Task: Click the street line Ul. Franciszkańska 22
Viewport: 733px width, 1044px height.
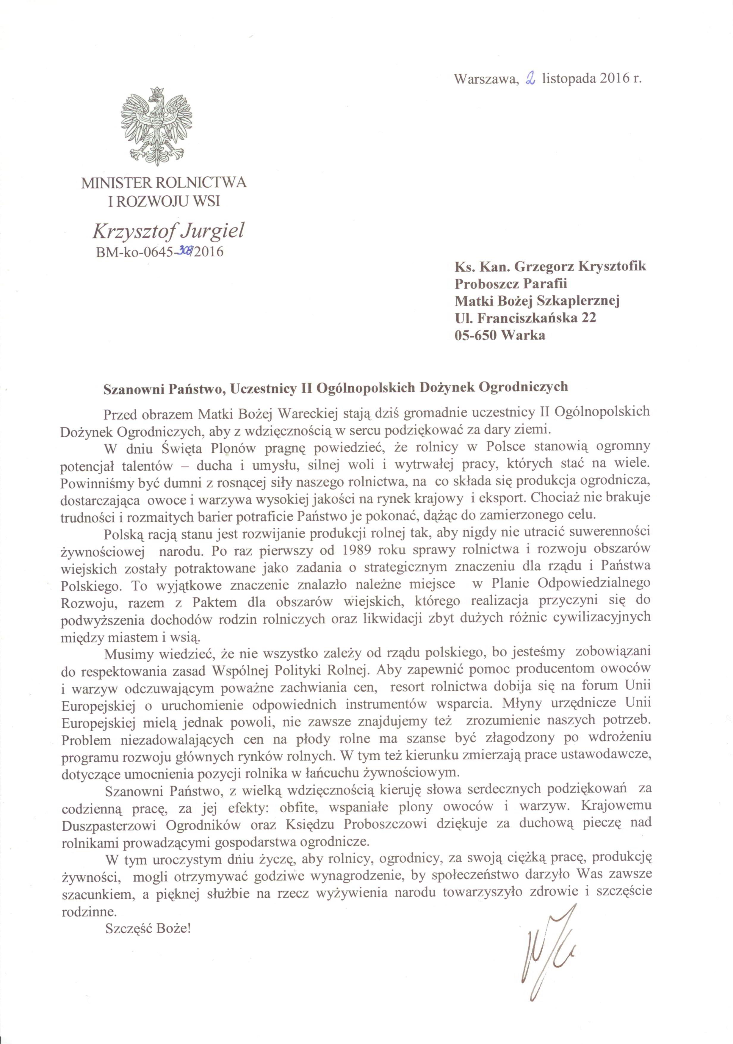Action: [525, 318]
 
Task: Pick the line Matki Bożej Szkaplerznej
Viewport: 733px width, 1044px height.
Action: [537, 301]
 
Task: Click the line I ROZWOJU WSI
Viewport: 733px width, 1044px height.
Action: [164, 201]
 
